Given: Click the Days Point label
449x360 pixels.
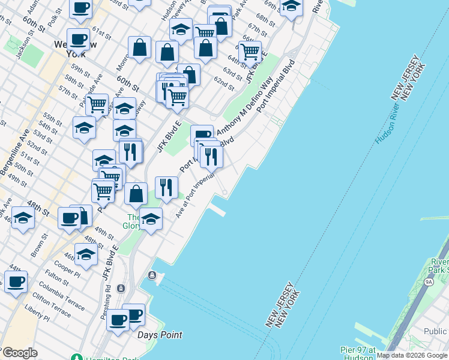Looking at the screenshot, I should click(160, 335).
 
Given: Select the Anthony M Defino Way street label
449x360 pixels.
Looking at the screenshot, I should click(246, 106).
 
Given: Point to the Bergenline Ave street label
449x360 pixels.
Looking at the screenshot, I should click(14, 152).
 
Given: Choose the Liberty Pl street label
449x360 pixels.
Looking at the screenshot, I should click(37, 311).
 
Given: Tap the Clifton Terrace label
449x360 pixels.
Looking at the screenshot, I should click(52, 302).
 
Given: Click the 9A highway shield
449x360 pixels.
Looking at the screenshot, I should click(429, 281).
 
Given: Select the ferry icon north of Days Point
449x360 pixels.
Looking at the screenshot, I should click(153, 275).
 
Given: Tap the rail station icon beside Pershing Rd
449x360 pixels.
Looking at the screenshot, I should click(121, 289).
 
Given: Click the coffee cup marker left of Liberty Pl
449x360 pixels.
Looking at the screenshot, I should click(16, 280).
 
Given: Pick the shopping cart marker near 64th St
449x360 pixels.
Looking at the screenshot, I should click(250, 51).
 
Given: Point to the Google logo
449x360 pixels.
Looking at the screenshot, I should click(19, 353).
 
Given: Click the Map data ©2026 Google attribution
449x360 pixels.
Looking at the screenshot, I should click(412, 355).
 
